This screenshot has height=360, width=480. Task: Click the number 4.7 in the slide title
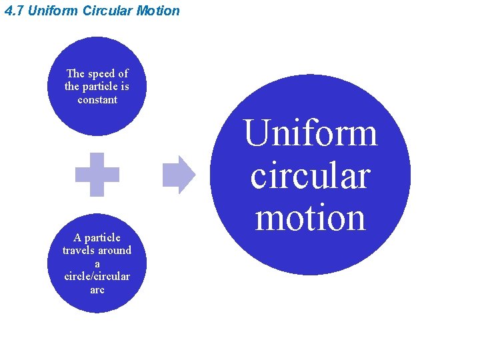click(13, 11)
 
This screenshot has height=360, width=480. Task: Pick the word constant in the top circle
click(97, 100)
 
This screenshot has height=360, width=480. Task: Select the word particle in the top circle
click(101, 87)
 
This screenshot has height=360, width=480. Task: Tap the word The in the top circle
click(75, 74)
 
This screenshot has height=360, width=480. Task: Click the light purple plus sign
click(97, 175)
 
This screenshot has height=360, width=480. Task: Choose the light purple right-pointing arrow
click(179, 175)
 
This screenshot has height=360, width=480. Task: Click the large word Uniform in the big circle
click(311, 133)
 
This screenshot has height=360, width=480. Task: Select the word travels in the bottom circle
click(79, 251)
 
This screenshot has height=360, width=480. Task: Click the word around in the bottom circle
click(115, 251)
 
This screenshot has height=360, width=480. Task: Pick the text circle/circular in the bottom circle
click(97, 277)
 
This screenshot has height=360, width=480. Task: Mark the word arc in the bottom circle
click(97, 290)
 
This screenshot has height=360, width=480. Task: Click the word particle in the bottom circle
click(103, 238)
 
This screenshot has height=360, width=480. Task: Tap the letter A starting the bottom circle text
click(77, 238)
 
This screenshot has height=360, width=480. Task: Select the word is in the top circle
click(125, 87)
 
